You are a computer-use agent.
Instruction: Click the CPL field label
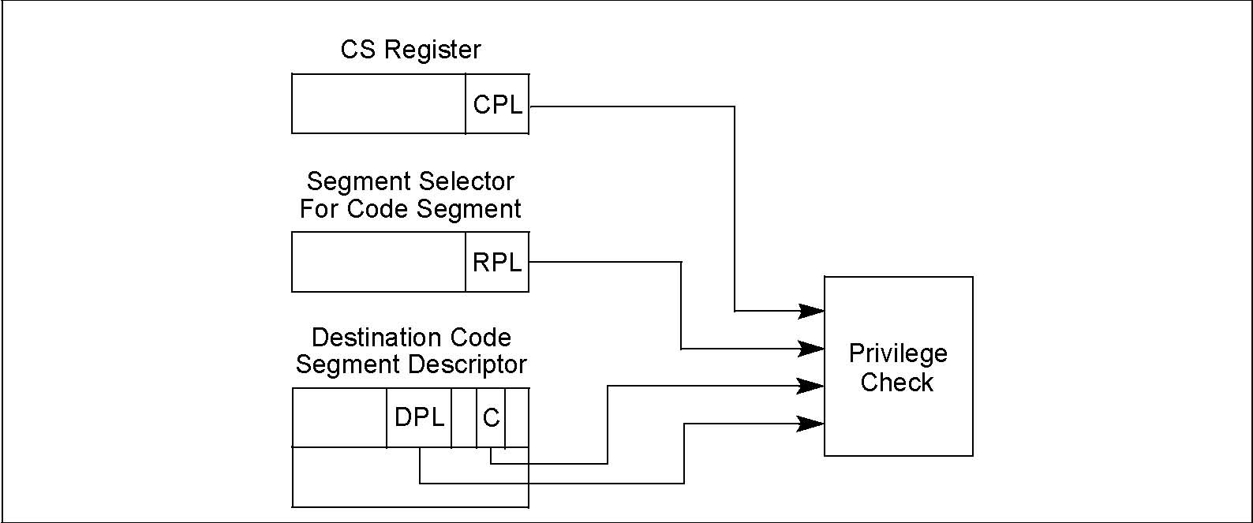(x=497, y=105)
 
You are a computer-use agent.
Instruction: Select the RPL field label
(x=497, y=263)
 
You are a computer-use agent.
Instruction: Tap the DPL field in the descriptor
(x=419, y=417)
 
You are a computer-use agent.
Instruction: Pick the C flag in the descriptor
(x=491, y=418)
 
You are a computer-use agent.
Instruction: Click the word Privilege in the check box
(x=898, y=354)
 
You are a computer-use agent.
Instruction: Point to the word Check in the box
(x=896, y=383)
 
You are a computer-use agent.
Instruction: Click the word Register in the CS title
(x=432, y=50)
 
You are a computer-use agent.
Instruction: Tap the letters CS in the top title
(x=357, y=49)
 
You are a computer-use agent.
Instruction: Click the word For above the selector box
(x=319, y=208)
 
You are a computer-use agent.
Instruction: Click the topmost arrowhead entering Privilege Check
(x=811, y=311)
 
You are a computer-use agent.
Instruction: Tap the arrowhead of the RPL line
(x=811, y=349)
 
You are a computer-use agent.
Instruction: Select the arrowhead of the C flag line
(x=811, y=386)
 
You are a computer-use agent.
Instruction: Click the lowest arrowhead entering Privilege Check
(x=811, y=424)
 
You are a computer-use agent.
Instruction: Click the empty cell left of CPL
(x=379, y=103)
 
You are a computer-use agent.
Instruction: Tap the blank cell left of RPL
(x=379, y=262)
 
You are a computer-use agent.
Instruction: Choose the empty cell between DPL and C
(x=464, y=418)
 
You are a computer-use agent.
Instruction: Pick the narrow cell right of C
(x=517, y=418)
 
